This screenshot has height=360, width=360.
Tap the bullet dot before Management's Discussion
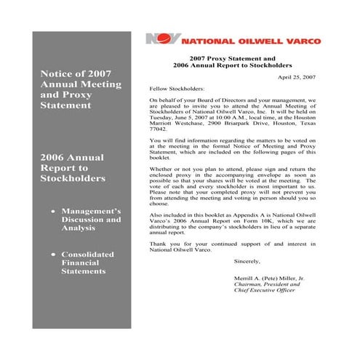click(52, 212)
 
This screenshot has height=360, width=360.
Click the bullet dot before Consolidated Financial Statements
click(52, 254)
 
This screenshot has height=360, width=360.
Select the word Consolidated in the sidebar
click(92, 254)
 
